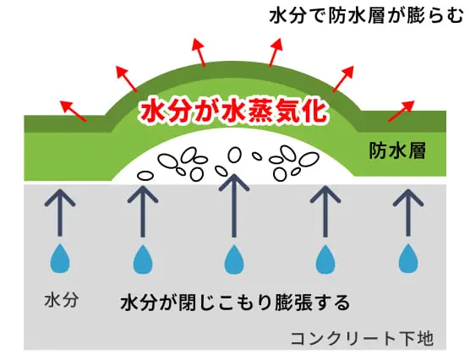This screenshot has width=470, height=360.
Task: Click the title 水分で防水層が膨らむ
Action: (x=366, y=16)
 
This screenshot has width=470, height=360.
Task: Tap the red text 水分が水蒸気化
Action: (x=233, y=112)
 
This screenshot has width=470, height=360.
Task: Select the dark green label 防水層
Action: (x=397, y=150)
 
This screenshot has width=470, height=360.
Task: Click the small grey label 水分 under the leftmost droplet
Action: (x=61, y=300)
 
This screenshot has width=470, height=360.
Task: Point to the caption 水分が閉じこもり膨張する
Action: (x=235, y=303)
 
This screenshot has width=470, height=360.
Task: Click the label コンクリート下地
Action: (x=362, y=338)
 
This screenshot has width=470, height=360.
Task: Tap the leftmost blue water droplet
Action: (x=60, y=259)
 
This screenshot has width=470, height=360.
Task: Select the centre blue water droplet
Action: (x=234, y=259)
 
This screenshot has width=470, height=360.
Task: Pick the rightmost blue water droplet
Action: (x=408, y=259)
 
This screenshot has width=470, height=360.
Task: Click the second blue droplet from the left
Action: (x=143, y=259)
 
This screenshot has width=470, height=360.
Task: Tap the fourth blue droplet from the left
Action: (x=325, y=259)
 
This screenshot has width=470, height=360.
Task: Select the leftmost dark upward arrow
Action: (x=60, y=213)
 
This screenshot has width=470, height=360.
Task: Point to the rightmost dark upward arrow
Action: (x=408, y=213)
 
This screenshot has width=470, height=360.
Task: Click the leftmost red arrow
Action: (x=74, y=111)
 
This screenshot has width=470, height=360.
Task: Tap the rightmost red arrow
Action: (x=401, y=111)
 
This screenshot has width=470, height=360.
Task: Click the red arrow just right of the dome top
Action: (x=276, y=52)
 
